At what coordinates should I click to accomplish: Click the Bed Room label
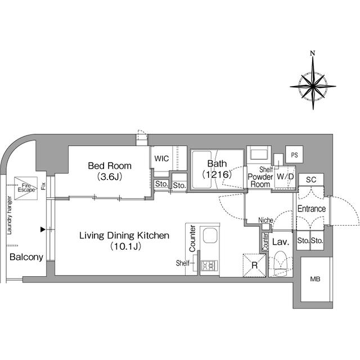(x=110, y=166)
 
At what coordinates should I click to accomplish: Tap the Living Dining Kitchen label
(x=124, y=236)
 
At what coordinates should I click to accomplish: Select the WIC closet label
(x=161, y=159)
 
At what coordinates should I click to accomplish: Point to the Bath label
(x=217, y=164)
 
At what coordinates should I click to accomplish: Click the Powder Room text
(x=260, y=181)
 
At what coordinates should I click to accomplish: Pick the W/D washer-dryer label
(x=285, y=177)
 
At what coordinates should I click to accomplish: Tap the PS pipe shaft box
(x=294, y=155)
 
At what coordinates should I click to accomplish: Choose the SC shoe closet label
(x=311, y=179)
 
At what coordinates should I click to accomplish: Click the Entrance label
(x=312, y=209)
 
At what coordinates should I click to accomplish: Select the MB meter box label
(x=315, y=279)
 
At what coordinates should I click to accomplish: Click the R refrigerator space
(x=254, y=265)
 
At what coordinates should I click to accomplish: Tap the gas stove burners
(x=209, y=265)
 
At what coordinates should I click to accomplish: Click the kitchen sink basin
(x=210, y=235)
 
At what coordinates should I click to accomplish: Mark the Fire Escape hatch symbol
(x=26, y=188)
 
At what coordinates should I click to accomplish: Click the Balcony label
(x=26, y=257)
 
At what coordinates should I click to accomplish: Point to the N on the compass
(x=313, y=53)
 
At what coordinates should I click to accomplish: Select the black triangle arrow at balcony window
(x=43, y=229)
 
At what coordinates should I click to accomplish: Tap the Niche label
(x=265, y=220)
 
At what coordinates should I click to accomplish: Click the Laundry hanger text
(x=10, y=215)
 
